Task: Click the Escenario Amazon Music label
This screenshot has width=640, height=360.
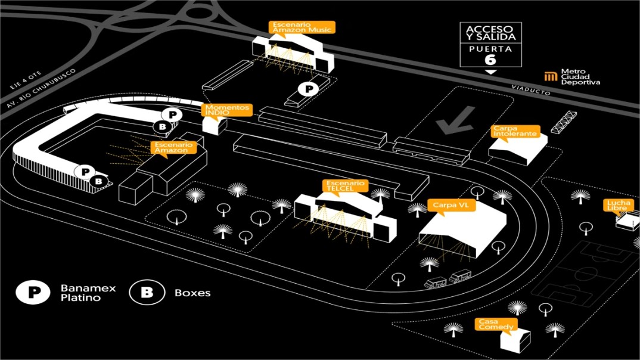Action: coord(302,27)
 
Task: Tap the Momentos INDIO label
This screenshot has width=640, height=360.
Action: coord(227,110)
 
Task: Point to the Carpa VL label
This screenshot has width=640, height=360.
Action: coord(451,206)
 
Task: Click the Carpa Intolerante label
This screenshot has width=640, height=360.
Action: coord(515,131)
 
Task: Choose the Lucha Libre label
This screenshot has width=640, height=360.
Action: coord(619,206)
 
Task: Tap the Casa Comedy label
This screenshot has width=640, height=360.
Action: coord(496,324)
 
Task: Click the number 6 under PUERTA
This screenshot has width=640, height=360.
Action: coord(490,59)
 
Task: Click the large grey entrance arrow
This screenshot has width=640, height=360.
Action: coord(455,120)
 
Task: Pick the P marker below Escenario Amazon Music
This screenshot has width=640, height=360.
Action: coord(308,89)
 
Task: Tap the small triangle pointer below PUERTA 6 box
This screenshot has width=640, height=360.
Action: coord(490,72)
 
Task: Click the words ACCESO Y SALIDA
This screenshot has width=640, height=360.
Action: coord(490,33)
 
